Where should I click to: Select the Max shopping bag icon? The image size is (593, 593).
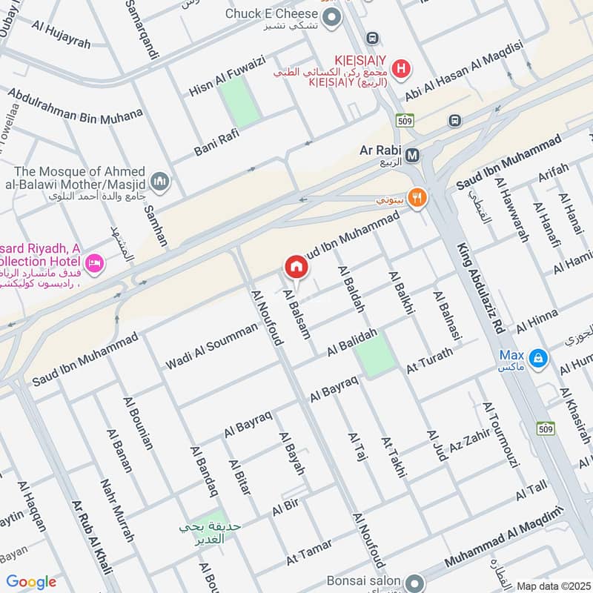coord(540,360)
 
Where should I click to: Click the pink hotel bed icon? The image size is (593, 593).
coord(94,263)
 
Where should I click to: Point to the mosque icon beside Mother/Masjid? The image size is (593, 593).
coord(159,181)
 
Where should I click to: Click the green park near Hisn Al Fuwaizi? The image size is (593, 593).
coord(239,101)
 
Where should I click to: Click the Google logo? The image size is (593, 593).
coord(31,582)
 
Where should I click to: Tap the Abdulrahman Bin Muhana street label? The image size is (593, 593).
coord(75,106)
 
